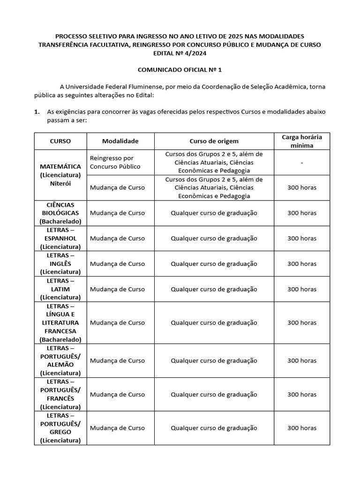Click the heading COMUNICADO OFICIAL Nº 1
[x=179, y=69]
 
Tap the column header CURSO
[x=60, y=141]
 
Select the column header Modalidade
[x=120, y=141]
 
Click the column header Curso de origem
[x=214, y=141]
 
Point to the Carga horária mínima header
[x=301, y=141]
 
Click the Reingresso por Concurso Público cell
[x=115, y=162]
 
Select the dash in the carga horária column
[x=301, y=162]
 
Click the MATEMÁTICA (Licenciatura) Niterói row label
[x=60, y=175]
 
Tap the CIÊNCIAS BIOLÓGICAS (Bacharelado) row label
[x=60, y=213]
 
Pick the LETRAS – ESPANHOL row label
[x=60, y=238]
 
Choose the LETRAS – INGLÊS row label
[x=60, y=263]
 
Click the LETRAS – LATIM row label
[x=60, y=289]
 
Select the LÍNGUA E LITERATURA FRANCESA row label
[x=60, y=322]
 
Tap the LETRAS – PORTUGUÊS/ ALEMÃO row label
[x=60, y=360]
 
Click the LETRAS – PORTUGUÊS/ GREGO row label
[x=60, y=427]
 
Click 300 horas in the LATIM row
[x=301, y=289]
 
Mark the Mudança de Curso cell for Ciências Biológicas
[x=117, y=213]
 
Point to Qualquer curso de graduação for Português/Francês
[x=214, y=394]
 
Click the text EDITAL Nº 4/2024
[x=179, y=53]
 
